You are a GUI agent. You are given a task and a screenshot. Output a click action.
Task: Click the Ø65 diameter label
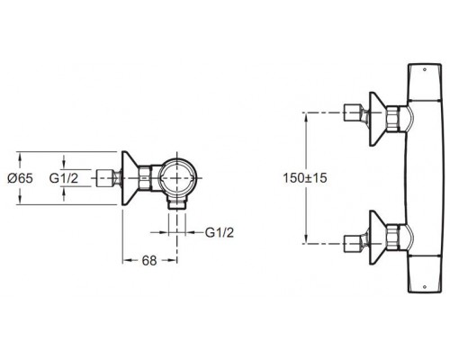[20, 178]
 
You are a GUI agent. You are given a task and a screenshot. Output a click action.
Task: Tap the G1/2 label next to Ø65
[64, 178]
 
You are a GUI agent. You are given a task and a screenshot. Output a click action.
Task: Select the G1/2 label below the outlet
[220, 232]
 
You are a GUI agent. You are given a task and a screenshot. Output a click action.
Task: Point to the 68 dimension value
[149, 261]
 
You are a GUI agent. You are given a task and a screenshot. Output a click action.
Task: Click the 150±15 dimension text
[305, 178]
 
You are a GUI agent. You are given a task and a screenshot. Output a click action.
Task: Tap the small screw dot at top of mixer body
[424, 70]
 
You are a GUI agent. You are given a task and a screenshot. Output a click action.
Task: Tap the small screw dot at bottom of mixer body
[424, 286]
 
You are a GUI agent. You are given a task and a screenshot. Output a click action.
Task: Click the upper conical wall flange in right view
[375, 119]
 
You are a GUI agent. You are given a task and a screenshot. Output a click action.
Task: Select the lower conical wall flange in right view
[375, 238]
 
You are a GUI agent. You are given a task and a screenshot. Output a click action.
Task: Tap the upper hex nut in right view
[393, 119]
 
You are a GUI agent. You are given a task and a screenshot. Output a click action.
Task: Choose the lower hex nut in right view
[393, 238]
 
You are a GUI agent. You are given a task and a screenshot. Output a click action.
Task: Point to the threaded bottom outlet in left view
[177, 204]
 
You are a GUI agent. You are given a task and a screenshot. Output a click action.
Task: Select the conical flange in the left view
[129, 178]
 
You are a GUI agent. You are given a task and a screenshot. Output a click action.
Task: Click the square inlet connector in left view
[103, 178]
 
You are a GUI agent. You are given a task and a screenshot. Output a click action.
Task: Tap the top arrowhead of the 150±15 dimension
[306, 116]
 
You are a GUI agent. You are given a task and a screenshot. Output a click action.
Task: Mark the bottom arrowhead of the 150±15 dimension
[306, 239]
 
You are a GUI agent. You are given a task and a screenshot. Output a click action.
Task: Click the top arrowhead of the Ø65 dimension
[20, 156]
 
